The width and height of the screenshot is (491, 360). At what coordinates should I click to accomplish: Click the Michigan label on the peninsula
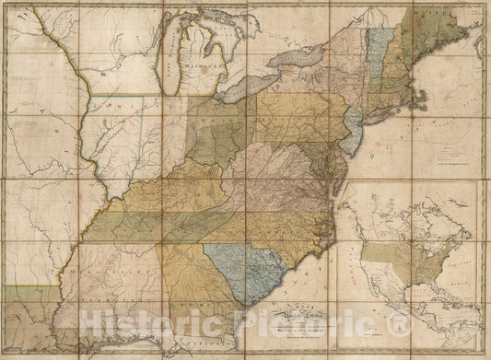198,68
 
